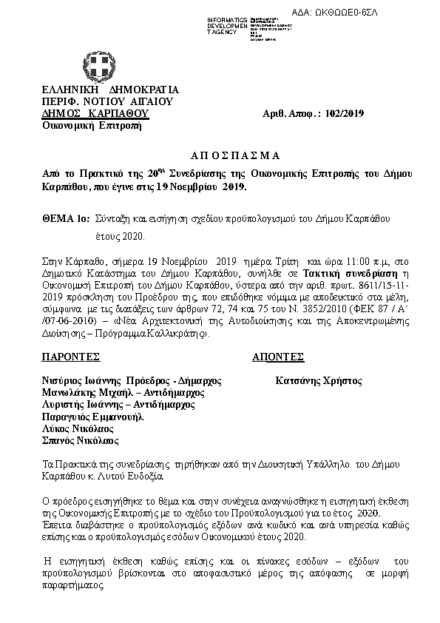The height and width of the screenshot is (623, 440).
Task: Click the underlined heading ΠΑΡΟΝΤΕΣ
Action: pos(70,357)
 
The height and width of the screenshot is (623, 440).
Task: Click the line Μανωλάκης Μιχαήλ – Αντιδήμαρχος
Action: pos(117,392)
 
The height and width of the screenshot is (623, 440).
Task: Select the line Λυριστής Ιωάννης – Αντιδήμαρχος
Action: pos(118,404)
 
